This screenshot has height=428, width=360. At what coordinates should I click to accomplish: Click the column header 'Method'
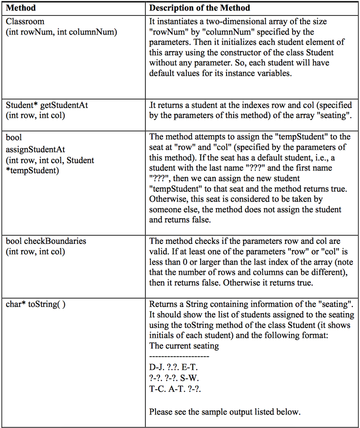click(21, 8)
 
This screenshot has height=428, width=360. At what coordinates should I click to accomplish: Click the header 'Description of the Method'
click(199, 8)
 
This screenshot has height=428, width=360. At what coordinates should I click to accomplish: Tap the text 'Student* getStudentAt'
click(47, 105)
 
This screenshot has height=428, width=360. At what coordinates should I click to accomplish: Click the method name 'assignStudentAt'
click(36, 150)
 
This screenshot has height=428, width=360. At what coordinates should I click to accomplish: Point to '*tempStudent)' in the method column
click(32, 171)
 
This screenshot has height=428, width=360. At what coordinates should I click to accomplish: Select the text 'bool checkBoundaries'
click(46, 241)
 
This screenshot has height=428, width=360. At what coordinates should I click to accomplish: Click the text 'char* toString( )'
click(36, 304)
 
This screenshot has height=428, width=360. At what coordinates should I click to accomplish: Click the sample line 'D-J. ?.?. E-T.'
click(173, 367)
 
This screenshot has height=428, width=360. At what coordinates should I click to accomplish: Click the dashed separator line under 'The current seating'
click(179, 357)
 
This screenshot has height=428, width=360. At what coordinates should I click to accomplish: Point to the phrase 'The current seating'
click(184, 346)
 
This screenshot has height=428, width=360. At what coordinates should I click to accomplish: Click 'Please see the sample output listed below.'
click(225, 412)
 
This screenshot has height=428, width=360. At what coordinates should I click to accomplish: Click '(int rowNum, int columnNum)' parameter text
click(61, 32)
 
